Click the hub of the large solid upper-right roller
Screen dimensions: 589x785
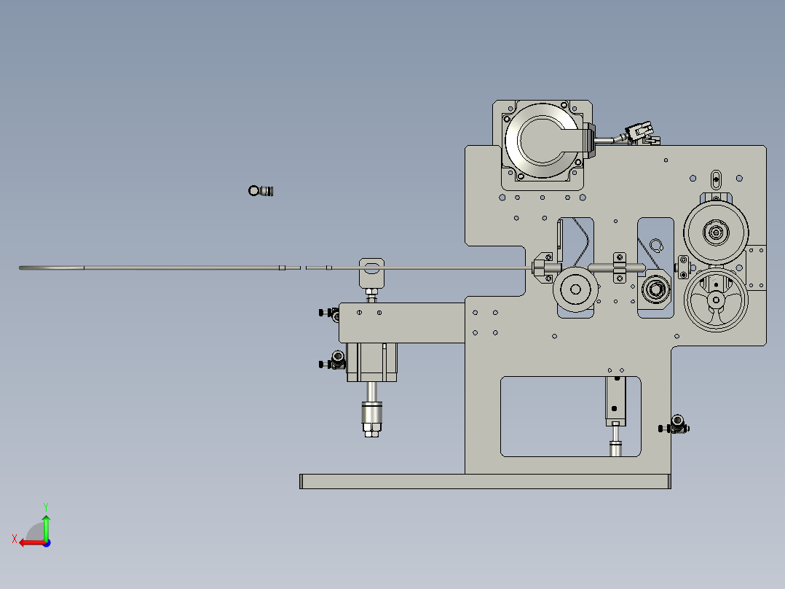coord(716,233)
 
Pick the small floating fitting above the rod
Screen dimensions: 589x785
coord(262,191)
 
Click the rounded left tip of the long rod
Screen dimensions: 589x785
coord(22,268)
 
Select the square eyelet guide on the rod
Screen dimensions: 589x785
coord(371,269)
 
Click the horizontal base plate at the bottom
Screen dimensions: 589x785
coord(484,481)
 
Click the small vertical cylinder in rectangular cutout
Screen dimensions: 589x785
coord(615,401)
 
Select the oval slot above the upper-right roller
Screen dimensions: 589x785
coord(716,179)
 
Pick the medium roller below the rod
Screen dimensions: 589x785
coord(576,289)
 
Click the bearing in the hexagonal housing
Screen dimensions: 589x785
coord(655,289)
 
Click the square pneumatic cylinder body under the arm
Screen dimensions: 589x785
coord(372,362)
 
